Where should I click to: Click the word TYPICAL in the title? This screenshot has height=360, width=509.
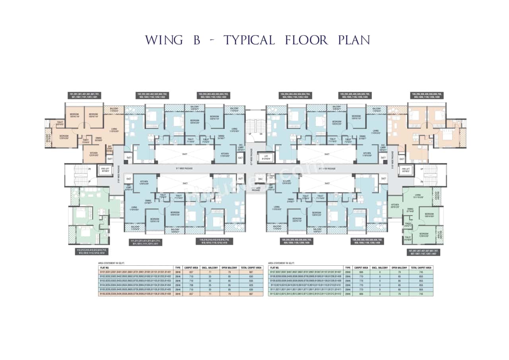tap(249, 40)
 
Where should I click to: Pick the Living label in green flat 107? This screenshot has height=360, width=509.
tap(417, 195)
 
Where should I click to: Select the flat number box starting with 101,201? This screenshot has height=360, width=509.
tap(84, 95)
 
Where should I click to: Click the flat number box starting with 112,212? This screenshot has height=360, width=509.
tap(92, 251)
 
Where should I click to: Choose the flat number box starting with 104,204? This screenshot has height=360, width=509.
tap(295, 95)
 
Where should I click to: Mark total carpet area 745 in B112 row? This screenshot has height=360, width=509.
tap(421, 294)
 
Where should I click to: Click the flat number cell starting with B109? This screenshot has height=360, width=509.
tap(305, 281)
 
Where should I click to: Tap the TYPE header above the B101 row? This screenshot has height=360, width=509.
tap(178, 268)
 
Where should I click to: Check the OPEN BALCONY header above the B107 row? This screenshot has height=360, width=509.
tap(398, 268)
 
